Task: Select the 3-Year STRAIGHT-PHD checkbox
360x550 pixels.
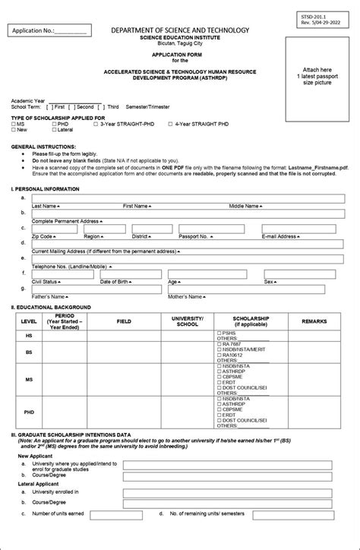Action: (95, 124)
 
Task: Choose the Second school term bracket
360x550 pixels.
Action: (73, 107)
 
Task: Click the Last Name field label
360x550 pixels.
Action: (44, 206)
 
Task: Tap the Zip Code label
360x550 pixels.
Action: (43, 236)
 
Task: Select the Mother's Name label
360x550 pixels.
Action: (185, 296)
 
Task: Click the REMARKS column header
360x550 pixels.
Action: (314, 321)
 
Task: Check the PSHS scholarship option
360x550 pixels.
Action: (226, 333)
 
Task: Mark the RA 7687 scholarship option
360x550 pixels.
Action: (228, 344)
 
